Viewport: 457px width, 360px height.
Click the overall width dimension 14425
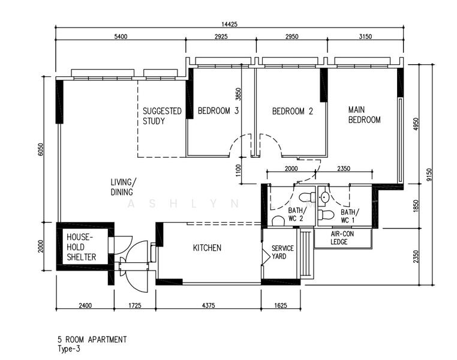pyautogui.click(x=229, y=24)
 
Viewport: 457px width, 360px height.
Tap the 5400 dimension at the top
pyautogui.click(x=121, y=37)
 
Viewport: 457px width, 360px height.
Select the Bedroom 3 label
pyautogui.click(x=218, y=111)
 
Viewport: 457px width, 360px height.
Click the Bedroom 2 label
pyautogui.click(x=292, y=111)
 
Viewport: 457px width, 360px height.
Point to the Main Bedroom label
pyautogui.click(x=364, y=115)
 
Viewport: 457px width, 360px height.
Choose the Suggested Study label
pyautogui.click(x=162, y=116)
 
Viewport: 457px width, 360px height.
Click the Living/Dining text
pyautogui.click(x=123, y=187)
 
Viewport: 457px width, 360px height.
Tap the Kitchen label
pyautogui.click(x=207, y=248)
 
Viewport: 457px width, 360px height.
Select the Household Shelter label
pyautogui.click(x=82, y=247)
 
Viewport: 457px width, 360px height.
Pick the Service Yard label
pyautogui.click(x=282, y=252)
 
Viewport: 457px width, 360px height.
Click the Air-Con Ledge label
pyautogui.click(x=342, y=238)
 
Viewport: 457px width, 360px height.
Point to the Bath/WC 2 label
pyautogui.click(x=297, y=215)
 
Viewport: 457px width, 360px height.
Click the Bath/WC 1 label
pyautogui.click(x=350, y=216)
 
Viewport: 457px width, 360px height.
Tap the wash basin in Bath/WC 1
pyautogui.click(x=324, y=198)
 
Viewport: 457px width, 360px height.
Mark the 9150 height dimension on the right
pyautogui.click(x=428, y=175)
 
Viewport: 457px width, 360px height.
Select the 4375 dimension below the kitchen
pyautogui.click(x=208, y=305)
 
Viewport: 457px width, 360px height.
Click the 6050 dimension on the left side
pyautogui.click(x=41, y=149)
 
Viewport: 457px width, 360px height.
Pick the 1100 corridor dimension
pyautogui.click(x=239, y=170)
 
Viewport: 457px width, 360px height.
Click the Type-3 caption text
pyautogui.click(x=69, y=349)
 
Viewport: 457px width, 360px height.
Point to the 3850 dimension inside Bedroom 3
pyautogui.click(x=239, y=94)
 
